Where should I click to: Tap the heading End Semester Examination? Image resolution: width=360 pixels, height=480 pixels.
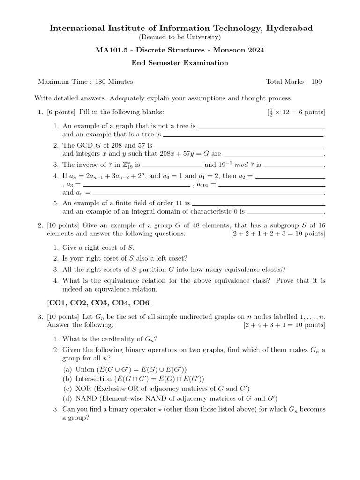click(180, 63)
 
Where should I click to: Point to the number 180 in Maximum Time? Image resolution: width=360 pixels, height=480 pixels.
click(101, 82)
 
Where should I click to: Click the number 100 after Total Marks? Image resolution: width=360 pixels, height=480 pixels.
click(316, 82)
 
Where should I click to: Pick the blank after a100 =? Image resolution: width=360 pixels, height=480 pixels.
click(271, 185)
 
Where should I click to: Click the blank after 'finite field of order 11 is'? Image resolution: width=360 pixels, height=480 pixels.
click(258, 204)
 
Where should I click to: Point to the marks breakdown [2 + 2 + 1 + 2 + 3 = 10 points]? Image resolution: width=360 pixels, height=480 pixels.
click(278, 233)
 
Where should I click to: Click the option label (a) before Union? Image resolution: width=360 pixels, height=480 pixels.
click(68, 369)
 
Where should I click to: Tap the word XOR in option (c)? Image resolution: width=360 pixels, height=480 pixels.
click(83, 389)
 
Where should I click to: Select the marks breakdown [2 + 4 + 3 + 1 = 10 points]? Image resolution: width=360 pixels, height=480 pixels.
click(284, 325)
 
